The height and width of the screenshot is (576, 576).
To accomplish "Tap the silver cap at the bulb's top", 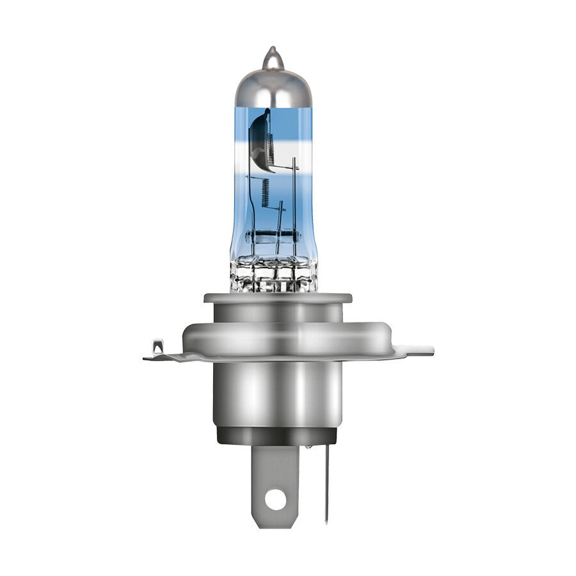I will [x=272, y=90].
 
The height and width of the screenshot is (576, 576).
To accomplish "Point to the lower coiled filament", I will [x=265, y=192].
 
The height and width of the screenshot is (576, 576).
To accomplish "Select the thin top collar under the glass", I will [x=278, y=298].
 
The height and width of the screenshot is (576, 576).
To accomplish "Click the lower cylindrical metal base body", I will [x=278, y=394].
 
